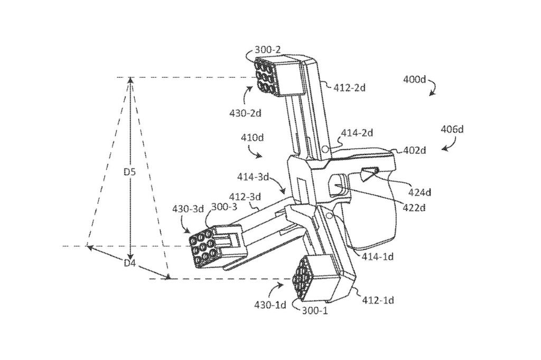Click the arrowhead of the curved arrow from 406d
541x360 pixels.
[443, 150]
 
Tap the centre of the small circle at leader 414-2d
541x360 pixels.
[325, 149]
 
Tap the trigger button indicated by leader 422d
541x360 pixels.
[339, 185]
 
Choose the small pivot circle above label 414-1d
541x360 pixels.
[330, 216]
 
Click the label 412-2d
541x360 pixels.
[350, 88]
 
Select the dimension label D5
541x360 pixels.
[130, 172]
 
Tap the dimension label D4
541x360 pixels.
[129, 264]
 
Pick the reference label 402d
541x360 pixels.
[415, 151]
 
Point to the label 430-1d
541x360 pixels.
[270, 305]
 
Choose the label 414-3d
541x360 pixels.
[253, 177]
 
